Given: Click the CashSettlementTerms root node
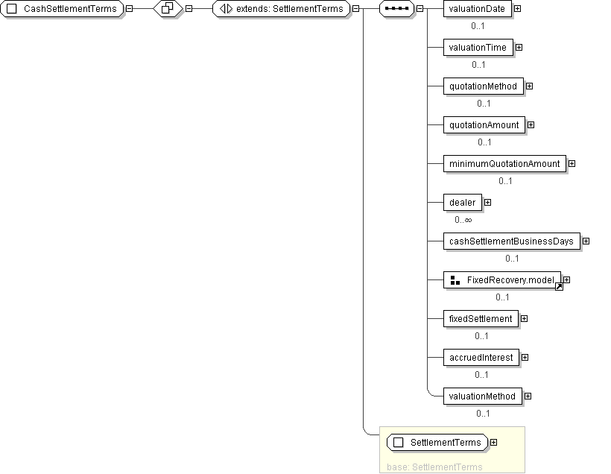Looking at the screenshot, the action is [62, 9].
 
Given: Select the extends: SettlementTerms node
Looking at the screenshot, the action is [282, 9].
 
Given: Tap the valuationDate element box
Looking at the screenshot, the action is [478, 9].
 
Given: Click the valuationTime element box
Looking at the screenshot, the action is [478, 48].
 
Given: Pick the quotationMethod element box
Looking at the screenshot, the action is [483, 86].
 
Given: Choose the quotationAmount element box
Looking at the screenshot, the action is [484, 125].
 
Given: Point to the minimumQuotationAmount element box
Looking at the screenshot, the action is [504, 164].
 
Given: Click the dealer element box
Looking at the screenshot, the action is [463, 203].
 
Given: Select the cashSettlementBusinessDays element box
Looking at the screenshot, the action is [512, 241].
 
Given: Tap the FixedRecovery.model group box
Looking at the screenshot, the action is [502, 280].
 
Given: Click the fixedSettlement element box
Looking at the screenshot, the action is [481, 319].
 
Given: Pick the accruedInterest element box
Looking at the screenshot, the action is [481, 358].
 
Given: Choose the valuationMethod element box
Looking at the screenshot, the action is [482, 396].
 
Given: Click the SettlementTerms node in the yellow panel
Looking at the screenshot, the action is [437, 443].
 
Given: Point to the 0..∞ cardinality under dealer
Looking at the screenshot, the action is [463, 220].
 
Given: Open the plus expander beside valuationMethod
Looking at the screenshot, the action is [528, 396].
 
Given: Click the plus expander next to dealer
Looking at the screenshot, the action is [488, 202].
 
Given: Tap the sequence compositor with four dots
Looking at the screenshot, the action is [396, 9].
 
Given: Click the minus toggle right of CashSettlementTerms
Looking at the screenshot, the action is [130, 8].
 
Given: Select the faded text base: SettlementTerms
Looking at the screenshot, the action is [434, 467].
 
